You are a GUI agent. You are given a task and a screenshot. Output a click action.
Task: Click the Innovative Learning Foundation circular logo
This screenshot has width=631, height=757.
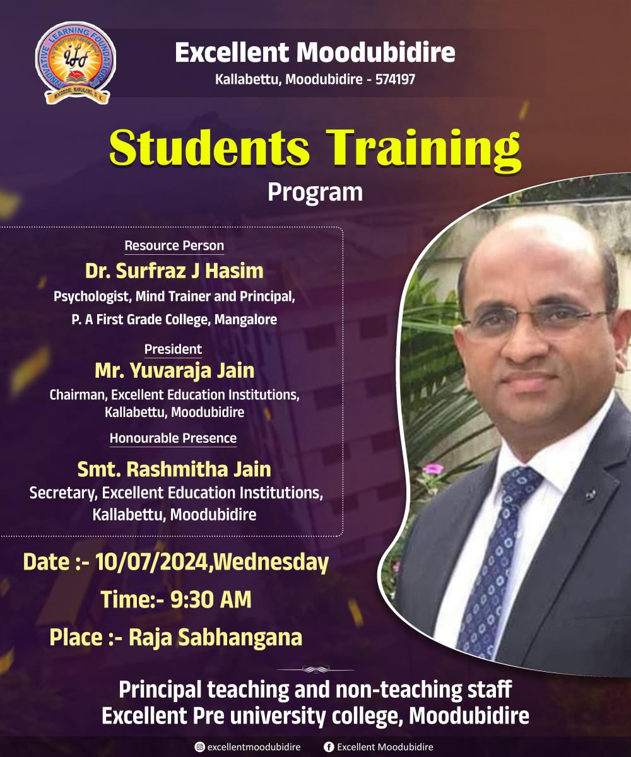[x=76, y=63]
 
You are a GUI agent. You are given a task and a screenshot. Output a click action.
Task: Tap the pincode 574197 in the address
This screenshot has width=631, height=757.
[x=395, y=79]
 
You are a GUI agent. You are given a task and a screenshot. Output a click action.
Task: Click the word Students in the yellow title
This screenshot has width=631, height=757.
[x=209, y=148]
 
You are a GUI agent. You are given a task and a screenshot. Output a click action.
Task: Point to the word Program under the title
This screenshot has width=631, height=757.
[x=315, y=193]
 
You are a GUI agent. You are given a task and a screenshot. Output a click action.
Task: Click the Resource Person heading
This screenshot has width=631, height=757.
[x=174, y=246]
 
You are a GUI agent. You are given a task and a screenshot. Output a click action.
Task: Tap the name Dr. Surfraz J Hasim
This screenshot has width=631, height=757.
[x=174, y=271]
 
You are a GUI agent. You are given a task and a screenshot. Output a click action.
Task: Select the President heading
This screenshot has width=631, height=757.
[x=173, y=349]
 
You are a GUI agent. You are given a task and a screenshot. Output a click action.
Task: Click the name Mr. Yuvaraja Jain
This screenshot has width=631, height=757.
[x=174, y=371]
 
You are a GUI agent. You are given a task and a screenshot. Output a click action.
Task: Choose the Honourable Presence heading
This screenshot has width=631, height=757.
[x=173, y=438]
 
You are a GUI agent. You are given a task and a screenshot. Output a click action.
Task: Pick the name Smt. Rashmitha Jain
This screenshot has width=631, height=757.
[x=174, y=469]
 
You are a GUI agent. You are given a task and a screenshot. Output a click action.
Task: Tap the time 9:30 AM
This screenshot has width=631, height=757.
[x=211, y=600]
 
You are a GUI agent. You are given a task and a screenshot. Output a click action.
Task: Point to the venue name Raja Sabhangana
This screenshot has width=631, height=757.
[x=215, y=638]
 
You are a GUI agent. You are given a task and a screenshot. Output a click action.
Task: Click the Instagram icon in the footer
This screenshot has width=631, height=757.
[x=199, y=747]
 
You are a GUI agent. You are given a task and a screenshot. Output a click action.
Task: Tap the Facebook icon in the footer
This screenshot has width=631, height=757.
[x=329, y=747]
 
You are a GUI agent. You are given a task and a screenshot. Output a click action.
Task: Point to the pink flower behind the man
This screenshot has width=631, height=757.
[x=433, y=469]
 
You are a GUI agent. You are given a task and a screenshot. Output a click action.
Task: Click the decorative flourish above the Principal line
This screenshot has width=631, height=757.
[x=315, y=669]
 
